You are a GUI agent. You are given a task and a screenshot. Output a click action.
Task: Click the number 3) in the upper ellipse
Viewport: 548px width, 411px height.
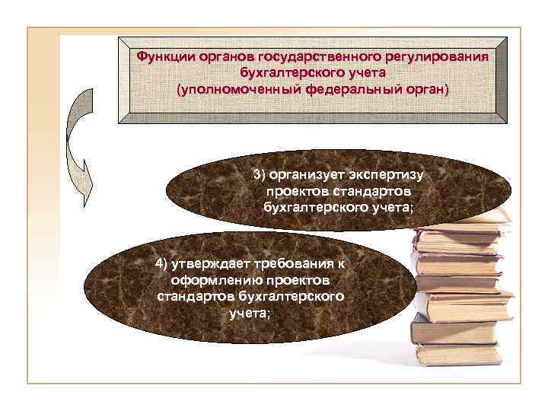pos(261,175)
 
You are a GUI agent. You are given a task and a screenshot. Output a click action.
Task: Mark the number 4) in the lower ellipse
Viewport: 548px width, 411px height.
pos(162,264)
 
